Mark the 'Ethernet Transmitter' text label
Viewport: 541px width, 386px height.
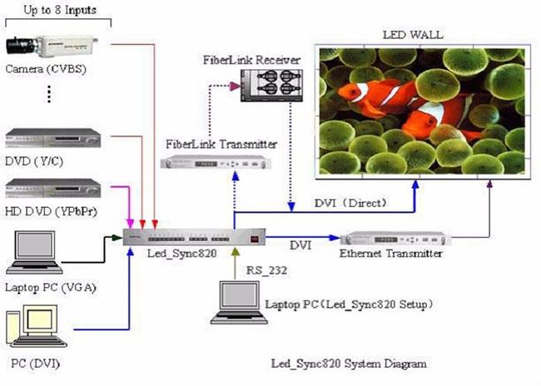point(391,254)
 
